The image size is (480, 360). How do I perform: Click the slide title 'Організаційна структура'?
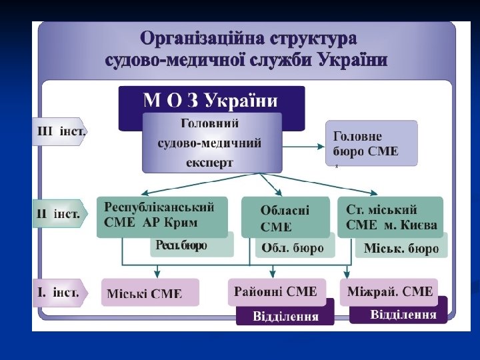pos(247,38)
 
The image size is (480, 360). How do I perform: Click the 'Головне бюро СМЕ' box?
pos(371,143)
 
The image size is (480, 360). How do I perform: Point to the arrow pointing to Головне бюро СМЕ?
pos(303,143)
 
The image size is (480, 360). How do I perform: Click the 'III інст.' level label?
pos(60,132)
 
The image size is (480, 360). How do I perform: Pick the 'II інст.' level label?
pos(60,214)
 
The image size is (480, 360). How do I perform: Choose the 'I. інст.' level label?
pos(60,293)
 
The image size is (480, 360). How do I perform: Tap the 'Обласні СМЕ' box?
pos(285,217)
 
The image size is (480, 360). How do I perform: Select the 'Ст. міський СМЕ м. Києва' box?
pos(390,216)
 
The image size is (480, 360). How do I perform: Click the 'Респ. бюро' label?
pos(182,246)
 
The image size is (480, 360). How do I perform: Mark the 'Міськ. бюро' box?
pos(401,249)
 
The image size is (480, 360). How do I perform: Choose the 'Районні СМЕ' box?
pos(276,291)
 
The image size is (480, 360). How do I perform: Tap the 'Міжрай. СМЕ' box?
pos(390,291)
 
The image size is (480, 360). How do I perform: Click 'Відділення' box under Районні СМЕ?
pos(285,316)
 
